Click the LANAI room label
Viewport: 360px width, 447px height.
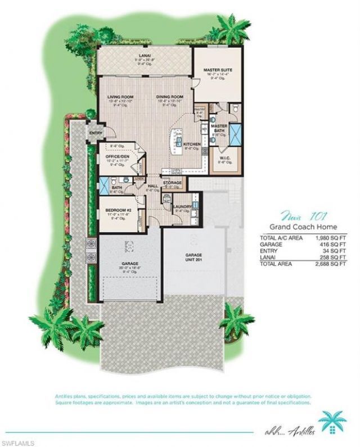coord(145,56)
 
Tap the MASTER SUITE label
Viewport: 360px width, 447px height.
coord(218,70)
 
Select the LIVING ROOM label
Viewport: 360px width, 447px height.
coord(120,97)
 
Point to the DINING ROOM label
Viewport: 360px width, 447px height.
coord(170,97)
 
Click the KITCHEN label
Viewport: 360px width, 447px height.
coord(192,145)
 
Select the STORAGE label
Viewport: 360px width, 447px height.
coord(172,183)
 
